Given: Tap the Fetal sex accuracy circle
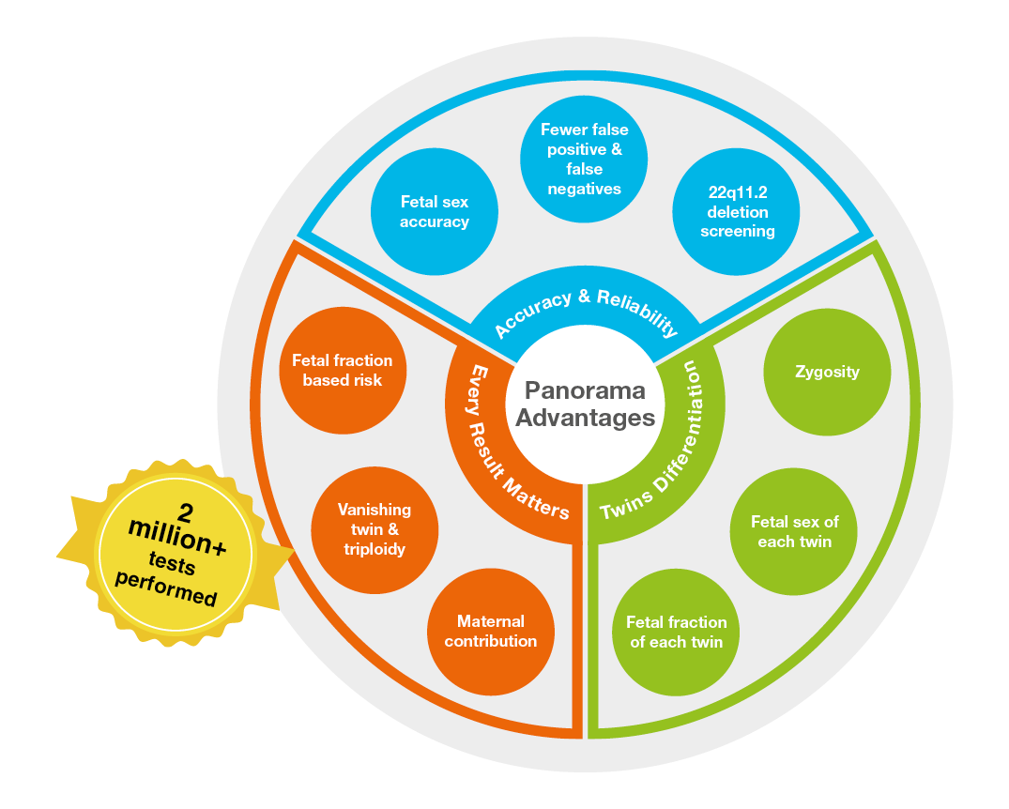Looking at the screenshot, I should click(x=434, y=211).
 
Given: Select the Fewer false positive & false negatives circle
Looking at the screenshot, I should click(x=584, y=159).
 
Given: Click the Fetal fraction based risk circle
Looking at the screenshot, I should click(x=343, y=370).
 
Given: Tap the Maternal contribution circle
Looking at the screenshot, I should click(x=490, y=632).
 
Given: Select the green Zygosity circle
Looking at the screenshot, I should click(x=827, y=372).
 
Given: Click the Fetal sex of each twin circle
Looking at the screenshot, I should click(x=794, y=532).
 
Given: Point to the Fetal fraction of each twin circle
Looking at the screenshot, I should click(x=676, y=633).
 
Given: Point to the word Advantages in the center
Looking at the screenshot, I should click(x=585, y=419).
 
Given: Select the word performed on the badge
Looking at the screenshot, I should click(x=166, y=588).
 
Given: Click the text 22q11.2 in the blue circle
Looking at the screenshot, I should click(x=737, y=192).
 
